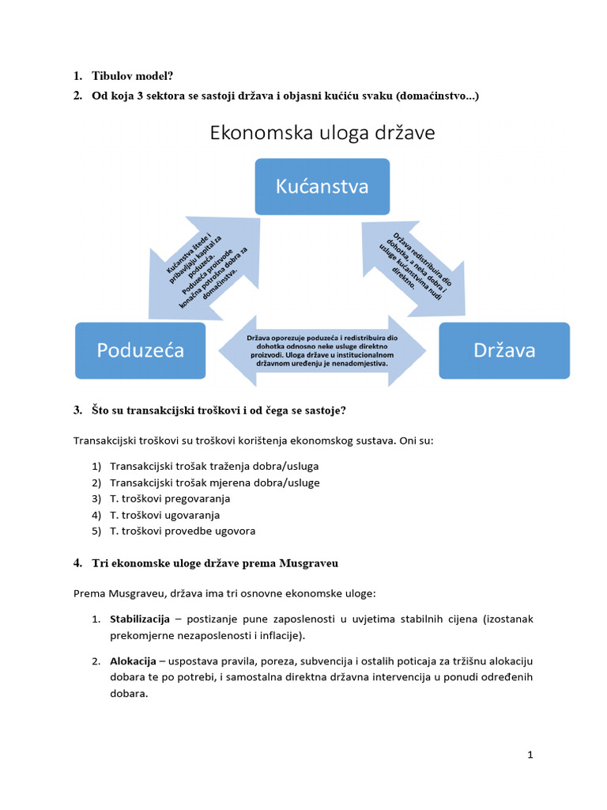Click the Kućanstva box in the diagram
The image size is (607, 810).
tap(322, 186)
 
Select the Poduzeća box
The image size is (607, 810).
tap(140, 350)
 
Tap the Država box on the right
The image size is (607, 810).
tap(504, 350)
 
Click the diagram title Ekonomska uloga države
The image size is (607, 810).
tap(322, 133)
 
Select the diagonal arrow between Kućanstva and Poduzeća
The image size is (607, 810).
tap(204, 269)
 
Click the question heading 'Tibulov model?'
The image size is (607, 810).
tap(134, 76)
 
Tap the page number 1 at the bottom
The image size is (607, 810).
tap(530, 755)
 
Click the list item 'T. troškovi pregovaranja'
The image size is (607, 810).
tap(170, 498)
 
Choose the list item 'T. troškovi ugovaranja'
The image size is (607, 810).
tap(167, 515)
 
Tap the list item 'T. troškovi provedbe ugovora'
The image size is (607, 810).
tap(183, 531)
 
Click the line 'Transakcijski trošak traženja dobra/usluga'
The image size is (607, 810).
tap(214, 466)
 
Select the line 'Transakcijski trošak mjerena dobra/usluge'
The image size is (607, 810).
tap(215, 483)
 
